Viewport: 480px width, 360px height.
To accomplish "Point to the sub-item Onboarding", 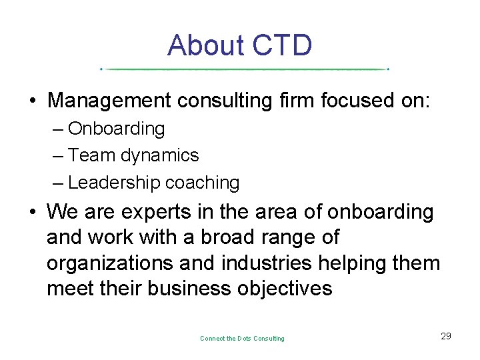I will point(116,128).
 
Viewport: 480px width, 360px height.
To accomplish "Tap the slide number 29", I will point(446,336).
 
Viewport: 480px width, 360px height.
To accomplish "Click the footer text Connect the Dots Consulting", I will point(242,339).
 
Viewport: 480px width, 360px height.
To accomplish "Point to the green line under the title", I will point(244,69).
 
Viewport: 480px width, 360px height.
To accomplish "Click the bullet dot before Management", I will point(33,102).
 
